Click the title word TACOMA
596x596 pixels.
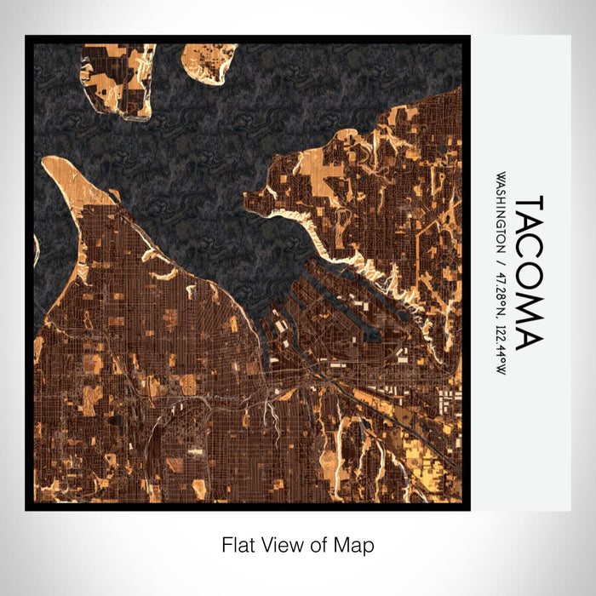528,272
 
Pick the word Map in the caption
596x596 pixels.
357,544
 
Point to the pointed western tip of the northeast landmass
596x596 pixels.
248,199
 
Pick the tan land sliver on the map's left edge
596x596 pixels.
36,251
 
